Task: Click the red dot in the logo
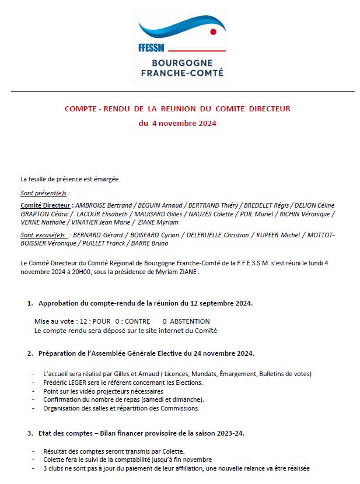tap(213, 31)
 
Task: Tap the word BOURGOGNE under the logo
tap(181, 62)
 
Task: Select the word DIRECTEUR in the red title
tap(268, 108)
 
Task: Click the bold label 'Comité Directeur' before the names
tap(46, 205)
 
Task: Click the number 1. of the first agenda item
tap(30, 303)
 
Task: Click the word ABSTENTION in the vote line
tap(190, 321)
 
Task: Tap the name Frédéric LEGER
tap(65, 383)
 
